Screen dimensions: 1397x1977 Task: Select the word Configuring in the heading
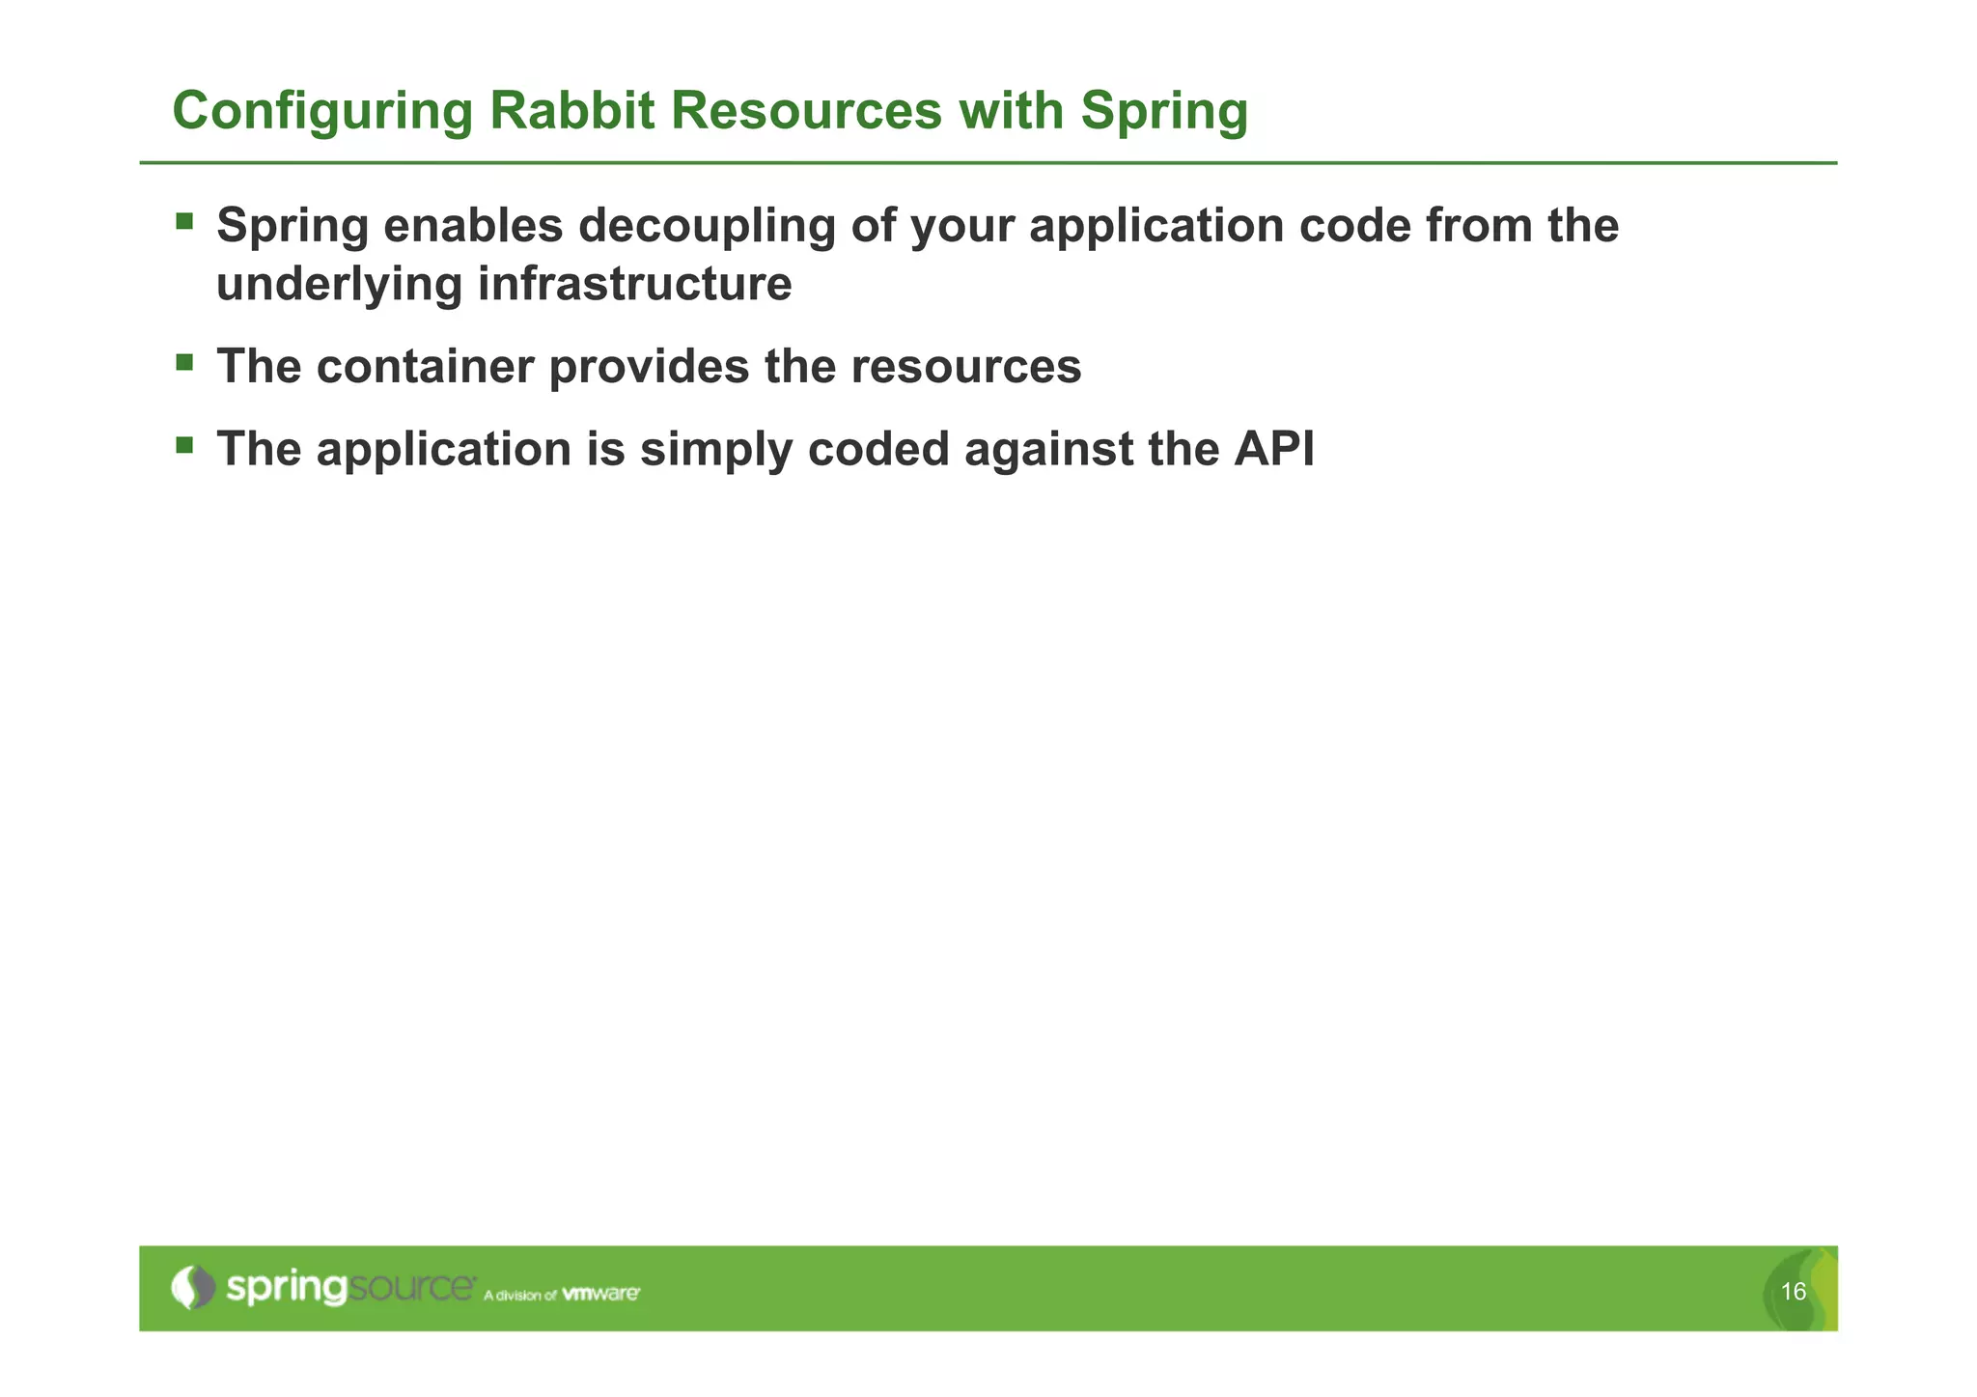click(x=322, y=112)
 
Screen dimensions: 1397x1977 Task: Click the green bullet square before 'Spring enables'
click(x=184, y=222)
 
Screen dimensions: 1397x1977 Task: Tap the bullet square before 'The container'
click(x=184, y=363)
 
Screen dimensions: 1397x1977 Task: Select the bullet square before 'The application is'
click(x=184, y=445)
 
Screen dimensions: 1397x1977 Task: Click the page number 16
click(x=1793, y=1292)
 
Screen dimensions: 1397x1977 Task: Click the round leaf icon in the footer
click(x=193, y=1287)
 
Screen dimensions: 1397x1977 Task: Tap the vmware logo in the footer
click(x=600, y=1294)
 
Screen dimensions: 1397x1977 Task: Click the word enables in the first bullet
click(x=473, y=226)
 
